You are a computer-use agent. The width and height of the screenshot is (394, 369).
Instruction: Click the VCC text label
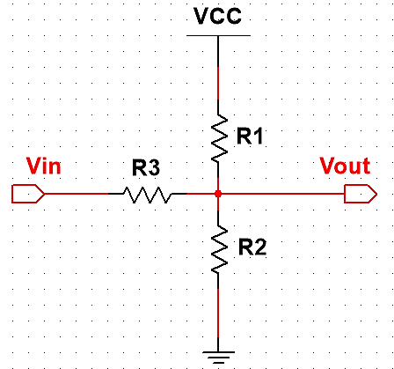point(217,17)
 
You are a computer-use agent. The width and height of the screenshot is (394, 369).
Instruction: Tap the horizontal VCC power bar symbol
point(217,36)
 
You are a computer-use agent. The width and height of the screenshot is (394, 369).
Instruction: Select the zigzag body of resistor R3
point(147,193)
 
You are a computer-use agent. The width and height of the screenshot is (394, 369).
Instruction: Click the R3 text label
point(146,166)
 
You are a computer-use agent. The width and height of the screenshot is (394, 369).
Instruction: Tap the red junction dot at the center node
point(217,193)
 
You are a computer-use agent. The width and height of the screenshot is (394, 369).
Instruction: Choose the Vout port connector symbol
point(359,193)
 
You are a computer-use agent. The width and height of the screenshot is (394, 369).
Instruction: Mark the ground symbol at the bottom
point(217,355)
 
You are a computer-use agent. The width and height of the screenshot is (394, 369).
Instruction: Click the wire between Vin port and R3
point(75,193)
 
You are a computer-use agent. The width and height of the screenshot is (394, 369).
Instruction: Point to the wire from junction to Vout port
point(281,193)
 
